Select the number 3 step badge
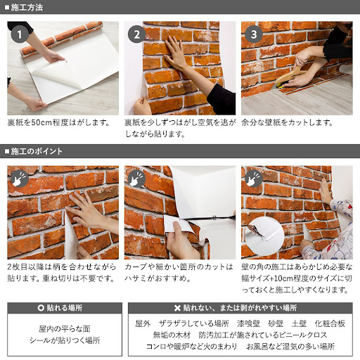(253, 34)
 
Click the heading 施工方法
(27, 8)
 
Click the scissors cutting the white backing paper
(203, 223)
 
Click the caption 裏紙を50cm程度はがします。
(58, 122)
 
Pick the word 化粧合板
(330, 323)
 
